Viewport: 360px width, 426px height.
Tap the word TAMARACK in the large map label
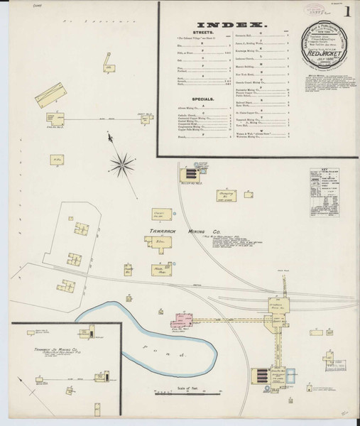[150, 229]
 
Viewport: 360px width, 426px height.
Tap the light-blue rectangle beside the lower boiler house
[291, 371]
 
